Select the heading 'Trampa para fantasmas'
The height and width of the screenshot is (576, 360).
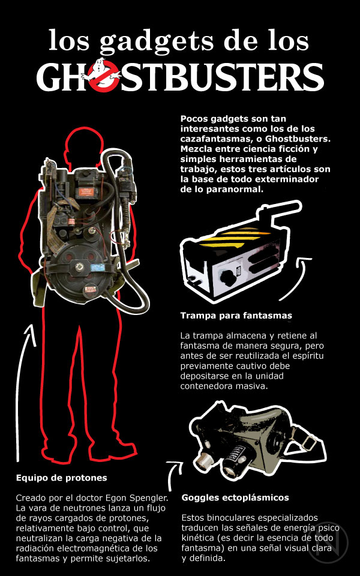click(236, 316)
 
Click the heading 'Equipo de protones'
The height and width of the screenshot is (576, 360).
click(62, 478)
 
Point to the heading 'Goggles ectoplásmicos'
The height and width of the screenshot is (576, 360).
click(235, 498)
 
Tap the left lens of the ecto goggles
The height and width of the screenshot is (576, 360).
click(202, 460)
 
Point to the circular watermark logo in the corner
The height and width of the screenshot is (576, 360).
click(328, 544)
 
